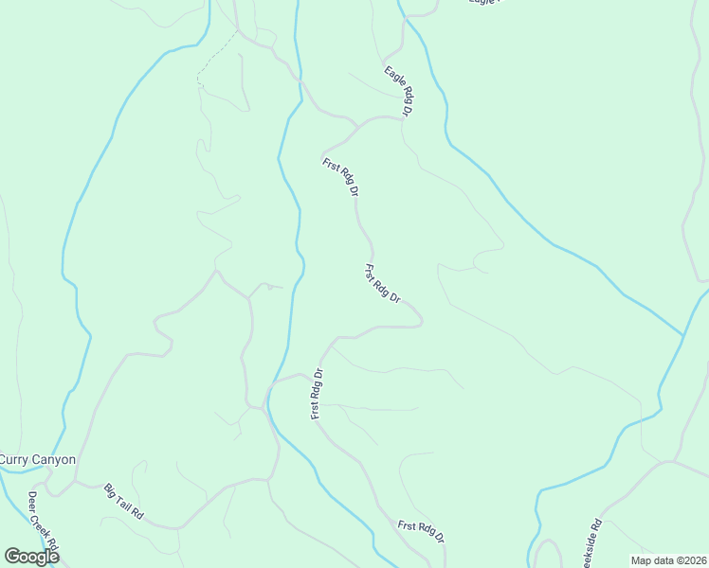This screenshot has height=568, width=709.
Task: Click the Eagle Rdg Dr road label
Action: pyautogui.click(x=399, y=90)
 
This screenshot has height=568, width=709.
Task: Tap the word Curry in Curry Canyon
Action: pyautogui.click(x=15, y=460)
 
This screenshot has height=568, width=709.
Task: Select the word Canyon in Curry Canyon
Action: pyautogui.click(x=54, y=460)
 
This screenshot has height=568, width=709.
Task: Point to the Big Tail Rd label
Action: pyautogui.click(x=123, y=501)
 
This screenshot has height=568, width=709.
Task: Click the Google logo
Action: pyautogui.click(x=31, y=557)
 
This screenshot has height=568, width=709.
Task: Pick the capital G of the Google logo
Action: pyautogui.click(x=12, y=557)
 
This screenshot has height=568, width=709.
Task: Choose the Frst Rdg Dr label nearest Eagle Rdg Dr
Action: pyautogui.click(x=341, y=177)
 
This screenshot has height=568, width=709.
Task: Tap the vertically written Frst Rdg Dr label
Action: pyautogui.click(x=318, y=392)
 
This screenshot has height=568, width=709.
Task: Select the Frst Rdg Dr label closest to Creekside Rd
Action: pyautogui.click(x=422, y=531)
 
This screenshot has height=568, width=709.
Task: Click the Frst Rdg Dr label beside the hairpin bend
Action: pyautogui.click(x=382, y=284)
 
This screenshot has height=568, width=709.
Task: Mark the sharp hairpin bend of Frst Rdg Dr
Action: pyautogui.click(x=420, y=321)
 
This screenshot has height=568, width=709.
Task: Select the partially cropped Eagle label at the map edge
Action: pyautogui.click(x=483, y=3)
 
